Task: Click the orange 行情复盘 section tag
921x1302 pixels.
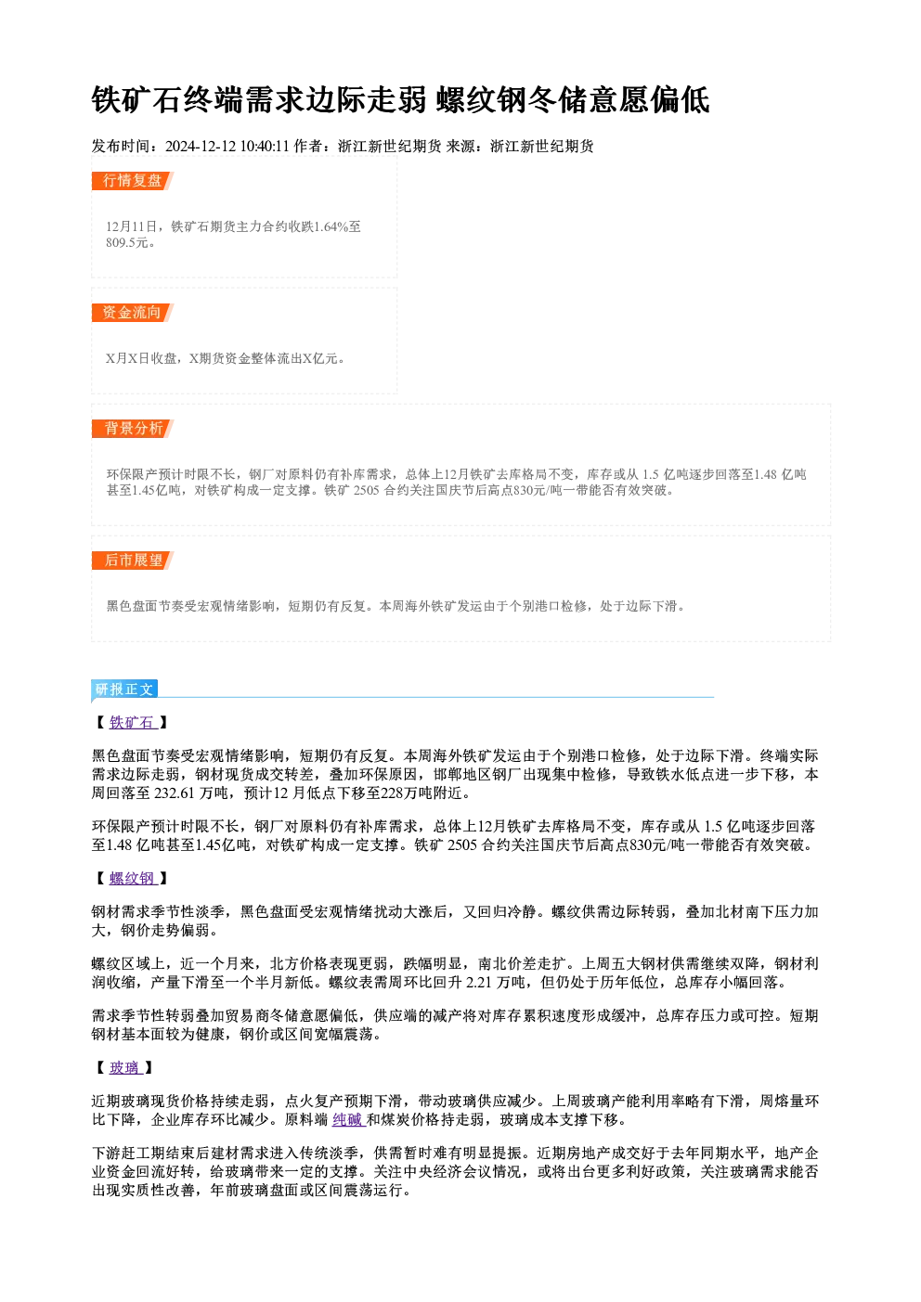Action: click(133, 181)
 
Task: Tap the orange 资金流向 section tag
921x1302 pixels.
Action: click(133, 313)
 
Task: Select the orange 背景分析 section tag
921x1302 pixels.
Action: click(133, 429)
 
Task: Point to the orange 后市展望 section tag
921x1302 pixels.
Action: click(133, 561)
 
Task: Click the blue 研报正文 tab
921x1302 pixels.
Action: click(124, 690)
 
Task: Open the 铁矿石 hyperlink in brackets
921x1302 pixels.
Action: click(132, 723)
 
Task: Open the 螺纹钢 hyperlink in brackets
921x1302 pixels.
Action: click(132, 878)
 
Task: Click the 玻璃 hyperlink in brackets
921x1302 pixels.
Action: click(124, 1068)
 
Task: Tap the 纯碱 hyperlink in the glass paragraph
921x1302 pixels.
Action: click(348, 1119)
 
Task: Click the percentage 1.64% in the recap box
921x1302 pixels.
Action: click(331, 226)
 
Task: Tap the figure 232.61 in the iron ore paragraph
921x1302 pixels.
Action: click(175, 793)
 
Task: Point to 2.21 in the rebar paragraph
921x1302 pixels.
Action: click(479, 983)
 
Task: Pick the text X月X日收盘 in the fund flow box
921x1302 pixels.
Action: click(141, 358)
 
